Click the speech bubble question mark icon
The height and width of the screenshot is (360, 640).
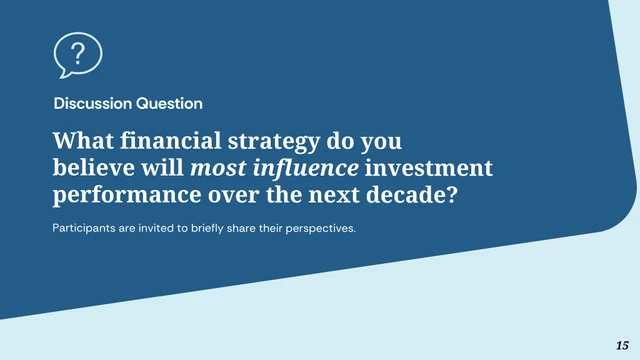click(77, 54)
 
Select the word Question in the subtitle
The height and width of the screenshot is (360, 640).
click(169, 103)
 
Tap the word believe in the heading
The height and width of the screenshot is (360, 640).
click(91, 166)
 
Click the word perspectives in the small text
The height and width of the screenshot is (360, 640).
click(322, 228)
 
